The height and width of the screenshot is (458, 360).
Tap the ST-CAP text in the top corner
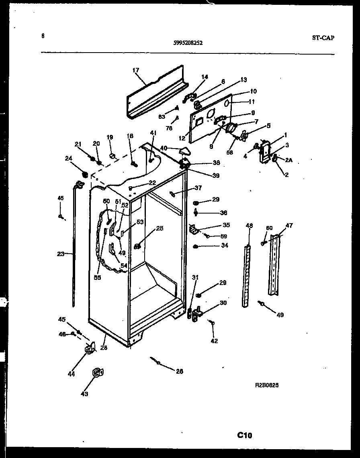tap(323, 38)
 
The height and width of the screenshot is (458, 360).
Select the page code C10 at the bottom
tap(245, 435)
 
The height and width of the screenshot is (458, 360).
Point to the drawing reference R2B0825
tap(267, 385)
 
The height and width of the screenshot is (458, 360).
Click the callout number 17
tap(135, 70)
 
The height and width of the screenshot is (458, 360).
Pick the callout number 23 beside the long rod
tap(61, 253)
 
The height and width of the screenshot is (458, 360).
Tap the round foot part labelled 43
tap(97, 373)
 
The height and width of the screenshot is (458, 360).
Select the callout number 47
tap(289, 226)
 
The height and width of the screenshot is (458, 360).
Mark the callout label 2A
tap(288, 160)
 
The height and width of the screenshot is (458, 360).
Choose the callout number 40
tap(164, 148)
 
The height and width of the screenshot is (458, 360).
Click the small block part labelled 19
tap(112, 155)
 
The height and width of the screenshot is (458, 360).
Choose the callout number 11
tap(252, 102)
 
